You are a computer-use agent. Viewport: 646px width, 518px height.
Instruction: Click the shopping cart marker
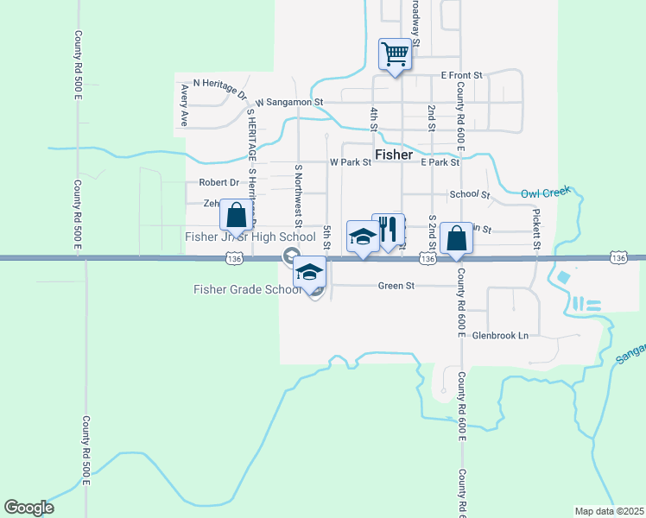[x=395, y=55]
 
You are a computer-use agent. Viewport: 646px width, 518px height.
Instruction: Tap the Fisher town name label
[x=393, y=155]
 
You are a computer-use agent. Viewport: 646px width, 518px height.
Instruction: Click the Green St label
[x=397, y=286]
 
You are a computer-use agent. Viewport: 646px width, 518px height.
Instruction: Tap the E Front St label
[x=465, y=75]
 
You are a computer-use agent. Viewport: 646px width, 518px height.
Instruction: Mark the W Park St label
[x=350, y=161]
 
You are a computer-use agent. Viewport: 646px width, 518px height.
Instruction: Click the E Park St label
[x=440, y=161]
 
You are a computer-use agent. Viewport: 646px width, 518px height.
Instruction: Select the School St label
[x=469, y=195]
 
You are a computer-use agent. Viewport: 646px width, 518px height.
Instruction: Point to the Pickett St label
[x=536, y=229]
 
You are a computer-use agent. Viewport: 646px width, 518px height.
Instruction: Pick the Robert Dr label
[x=218, y=182]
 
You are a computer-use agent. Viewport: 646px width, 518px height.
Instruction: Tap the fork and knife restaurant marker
[x=389, y=231]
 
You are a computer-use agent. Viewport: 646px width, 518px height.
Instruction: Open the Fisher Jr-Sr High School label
[x=250, y=237]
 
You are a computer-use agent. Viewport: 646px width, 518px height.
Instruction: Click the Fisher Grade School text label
[x=246, y=289]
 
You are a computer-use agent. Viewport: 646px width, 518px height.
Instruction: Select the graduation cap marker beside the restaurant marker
[x=362, y=237]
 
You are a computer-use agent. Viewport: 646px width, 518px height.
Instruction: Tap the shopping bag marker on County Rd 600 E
[x=455, y=238]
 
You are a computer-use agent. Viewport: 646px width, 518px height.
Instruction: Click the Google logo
[x=28, y=508]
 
